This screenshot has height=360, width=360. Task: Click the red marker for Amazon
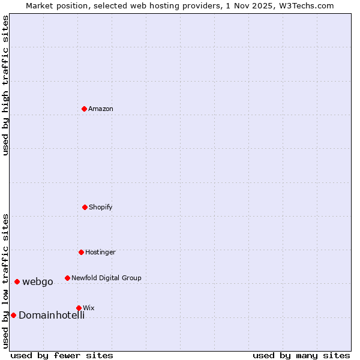(84, 109)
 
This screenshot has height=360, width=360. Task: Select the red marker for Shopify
(85, 207)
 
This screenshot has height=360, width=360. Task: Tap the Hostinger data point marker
(81, 252)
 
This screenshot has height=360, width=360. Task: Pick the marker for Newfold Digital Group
(67, 278)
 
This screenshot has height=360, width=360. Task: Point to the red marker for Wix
(79, 308)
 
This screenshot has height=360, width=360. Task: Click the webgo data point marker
(17, 281)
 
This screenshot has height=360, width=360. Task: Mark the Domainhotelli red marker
(13, 315)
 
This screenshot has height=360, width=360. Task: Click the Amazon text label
(101, 109)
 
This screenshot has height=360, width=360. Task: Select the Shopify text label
(101, 207)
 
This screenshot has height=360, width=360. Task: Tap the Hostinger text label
(100, 252)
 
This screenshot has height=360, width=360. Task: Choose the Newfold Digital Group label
(106, 278)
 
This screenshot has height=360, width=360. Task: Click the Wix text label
(89, 308)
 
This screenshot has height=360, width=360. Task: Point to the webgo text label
(38, 281)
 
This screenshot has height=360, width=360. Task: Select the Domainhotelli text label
(52, 315)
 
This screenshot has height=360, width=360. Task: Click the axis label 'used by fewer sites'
(62, 355)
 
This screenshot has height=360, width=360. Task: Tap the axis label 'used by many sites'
(301, 355)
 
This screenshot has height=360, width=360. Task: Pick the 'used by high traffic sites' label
(5, 85)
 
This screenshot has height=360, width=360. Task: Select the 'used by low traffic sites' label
(5, 280)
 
